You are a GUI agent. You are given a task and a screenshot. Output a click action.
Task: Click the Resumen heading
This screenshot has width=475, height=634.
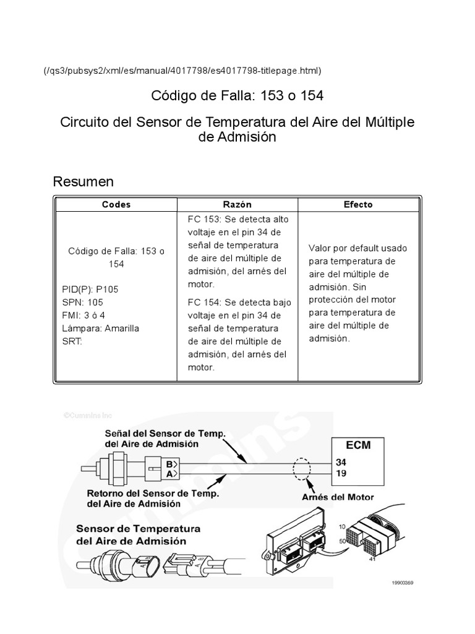pyautogui.click(x=83, y=181)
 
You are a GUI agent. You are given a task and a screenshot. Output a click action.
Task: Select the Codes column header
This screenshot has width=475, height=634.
pyautogui.click(x=116, y=204)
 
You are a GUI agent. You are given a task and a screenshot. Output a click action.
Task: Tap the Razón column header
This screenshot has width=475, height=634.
pyautogui.click(x=237, y=204)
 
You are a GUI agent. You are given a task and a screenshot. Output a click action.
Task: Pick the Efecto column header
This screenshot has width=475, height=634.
pyautogui.click(x=358, y=204)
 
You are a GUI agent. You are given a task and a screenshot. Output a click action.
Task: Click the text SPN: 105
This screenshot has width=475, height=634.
pyautogui.click(x=83, y=302)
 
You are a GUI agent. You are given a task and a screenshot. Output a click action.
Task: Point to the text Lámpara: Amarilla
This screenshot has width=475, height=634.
pyautogui.click(x=101, y=328)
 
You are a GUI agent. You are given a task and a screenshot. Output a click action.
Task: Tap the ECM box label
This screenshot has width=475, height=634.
pyautogui.click(x=359, y=445)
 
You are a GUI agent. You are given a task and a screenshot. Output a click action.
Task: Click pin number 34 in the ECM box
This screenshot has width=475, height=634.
pyautogui.click(x=341, y=462)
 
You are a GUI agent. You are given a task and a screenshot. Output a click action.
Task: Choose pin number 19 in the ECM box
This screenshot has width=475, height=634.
pyautogui.click(x=341, y=474)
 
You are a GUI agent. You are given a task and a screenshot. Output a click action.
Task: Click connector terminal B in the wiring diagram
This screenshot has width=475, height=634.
pyautogui.click(x=169, y=464)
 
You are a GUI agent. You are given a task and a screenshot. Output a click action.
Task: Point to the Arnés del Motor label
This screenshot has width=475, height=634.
pyautogui.click(x=337, y=497)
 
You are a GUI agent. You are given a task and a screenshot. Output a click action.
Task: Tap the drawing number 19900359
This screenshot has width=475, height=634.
pyautogui.click(x=404, y=583)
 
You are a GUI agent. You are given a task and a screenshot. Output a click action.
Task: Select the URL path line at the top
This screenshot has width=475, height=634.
pyautogui.click(x=182, y=71)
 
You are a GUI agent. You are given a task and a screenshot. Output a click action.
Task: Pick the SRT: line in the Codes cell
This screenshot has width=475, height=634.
pyautogui.click(x=72, y=341)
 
